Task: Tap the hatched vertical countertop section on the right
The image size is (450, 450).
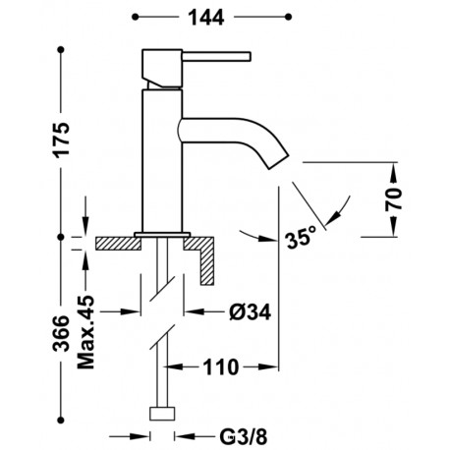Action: [208, 260]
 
